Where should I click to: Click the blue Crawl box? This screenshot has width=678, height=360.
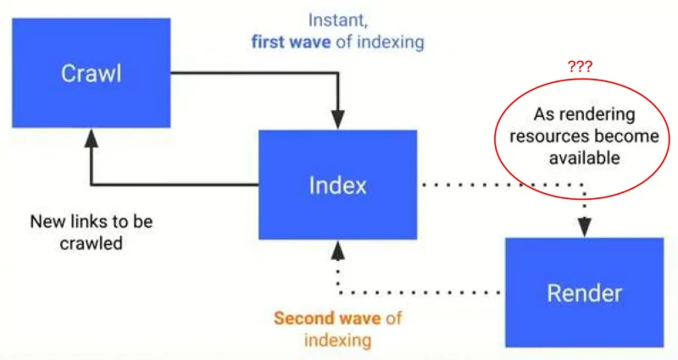[x=92, y=73]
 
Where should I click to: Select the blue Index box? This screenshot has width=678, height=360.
[x=337, y=185]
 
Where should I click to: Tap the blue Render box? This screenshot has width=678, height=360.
[x=585, y=292]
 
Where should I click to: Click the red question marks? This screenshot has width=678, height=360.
[x=580, y=67]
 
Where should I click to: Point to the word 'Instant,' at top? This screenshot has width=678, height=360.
[x=337, y=20]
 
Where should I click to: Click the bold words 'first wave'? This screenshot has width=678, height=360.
[x=291, y=42]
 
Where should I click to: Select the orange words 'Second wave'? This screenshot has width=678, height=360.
[x=327, y=318]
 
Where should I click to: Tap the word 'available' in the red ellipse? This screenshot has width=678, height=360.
[x=584, y=158]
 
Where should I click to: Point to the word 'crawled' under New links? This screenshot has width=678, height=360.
[x=92, y=243]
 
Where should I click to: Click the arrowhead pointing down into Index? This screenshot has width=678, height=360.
[x=337, y=120]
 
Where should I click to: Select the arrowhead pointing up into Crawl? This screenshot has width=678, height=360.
[x=92, y=138]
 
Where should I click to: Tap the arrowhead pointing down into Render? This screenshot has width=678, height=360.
[x=585, y=227]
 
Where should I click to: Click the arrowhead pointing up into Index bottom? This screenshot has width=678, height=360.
[x=337, y=250]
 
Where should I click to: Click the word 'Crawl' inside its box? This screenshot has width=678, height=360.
[x=92, y=74]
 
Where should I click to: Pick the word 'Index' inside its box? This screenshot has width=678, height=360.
[x=337, y=186]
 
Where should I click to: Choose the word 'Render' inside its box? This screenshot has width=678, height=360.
[x=585, y=293]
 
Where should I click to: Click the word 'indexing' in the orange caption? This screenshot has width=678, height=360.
[x=337, y=341]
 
